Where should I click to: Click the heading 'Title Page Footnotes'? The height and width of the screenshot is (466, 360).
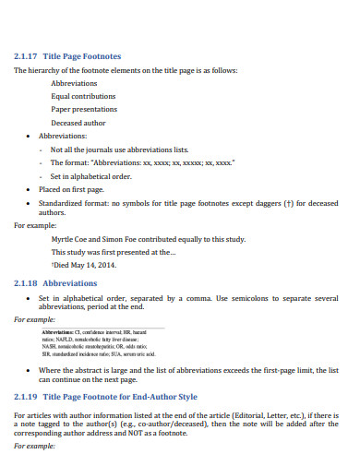(82, 55)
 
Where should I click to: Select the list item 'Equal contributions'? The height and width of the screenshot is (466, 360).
(84, 96)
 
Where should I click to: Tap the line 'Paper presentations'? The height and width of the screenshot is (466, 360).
(83, 109)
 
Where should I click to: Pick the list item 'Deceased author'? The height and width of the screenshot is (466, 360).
(78, 123)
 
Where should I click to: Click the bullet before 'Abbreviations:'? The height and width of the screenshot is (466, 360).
(30, 136)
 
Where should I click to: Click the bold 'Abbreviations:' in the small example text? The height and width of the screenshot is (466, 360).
(57, 330)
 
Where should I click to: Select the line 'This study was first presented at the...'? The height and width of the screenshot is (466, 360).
(114, 251)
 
